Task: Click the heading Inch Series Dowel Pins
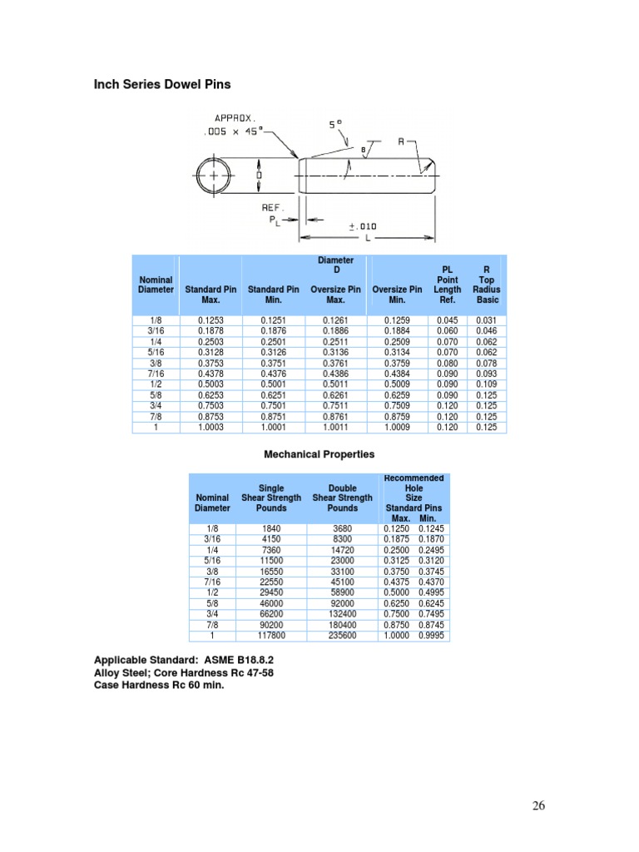(161, 85)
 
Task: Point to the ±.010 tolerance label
(364, 225)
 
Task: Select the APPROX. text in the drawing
(228, 117)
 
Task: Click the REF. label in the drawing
(273, 207)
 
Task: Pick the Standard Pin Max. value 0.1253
(211, 320)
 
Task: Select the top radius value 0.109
(486, 384)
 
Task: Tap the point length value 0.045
(447, 320)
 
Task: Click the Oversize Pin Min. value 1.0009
(398, 428)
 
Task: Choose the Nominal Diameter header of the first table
(156, 285)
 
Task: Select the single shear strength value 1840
(271, 528)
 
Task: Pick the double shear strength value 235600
(342, 636)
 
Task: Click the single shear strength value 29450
(271, 592)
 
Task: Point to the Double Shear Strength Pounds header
(342, 498)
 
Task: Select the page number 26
(539, 805)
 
